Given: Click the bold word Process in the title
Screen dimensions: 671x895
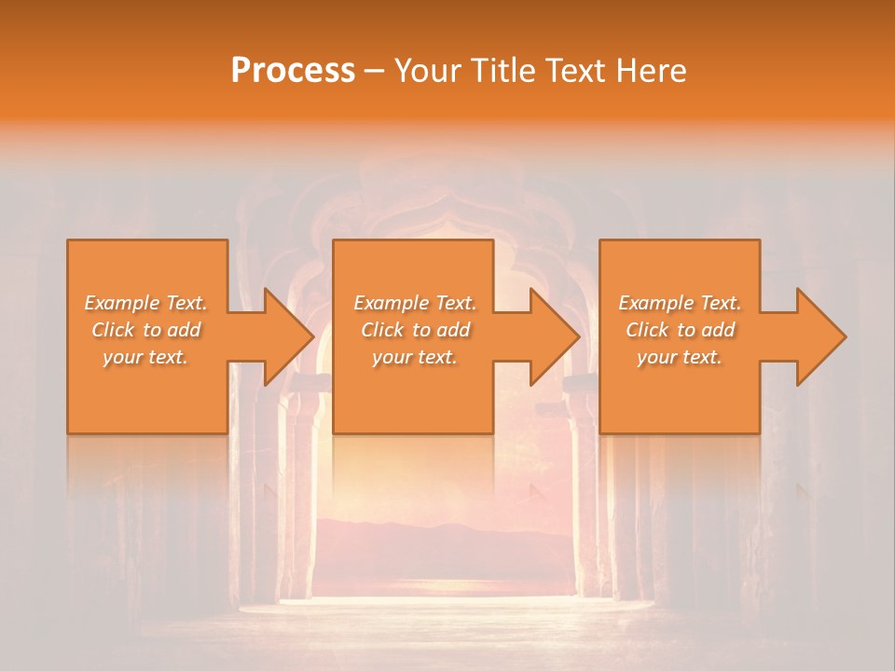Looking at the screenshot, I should click(x=293, y=71).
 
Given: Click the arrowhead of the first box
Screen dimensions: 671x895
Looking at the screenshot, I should click(x=288, y=336).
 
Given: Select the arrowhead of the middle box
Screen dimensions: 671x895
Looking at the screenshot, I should click(x=554, y=336).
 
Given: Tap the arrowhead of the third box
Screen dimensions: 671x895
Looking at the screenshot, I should click(x=820, y=336).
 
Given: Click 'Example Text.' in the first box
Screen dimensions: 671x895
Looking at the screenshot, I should click(x=145, y=303).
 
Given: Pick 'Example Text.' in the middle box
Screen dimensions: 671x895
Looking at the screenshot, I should click(x=415, y=303).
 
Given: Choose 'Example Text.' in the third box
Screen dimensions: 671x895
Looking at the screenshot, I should click(x=680, y=303).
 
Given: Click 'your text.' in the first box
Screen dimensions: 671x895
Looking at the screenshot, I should click(x=145, y=357).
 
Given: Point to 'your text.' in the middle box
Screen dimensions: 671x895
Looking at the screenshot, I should click(x=415, y=357).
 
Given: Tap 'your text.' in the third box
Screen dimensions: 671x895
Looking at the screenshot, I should click(x=680, y=357).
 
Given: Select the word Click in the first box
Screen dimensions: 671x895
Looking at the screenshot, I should click(x=112, y=330).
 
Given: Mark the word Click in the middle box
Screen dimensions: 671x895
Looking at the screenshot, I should click(x=382, y=330).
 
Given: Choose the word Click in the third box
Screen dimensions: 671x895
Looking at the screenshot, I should click(x=647, y=330).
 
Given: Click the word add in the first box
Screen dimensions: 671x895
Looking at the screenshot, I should click(x=185, y=330).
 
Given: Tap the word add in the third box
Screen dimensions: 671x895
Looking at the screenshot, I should click(x=719, y=330).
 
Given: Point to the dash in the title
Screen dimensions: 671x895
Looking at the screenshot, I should click(x=375, y=72).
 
